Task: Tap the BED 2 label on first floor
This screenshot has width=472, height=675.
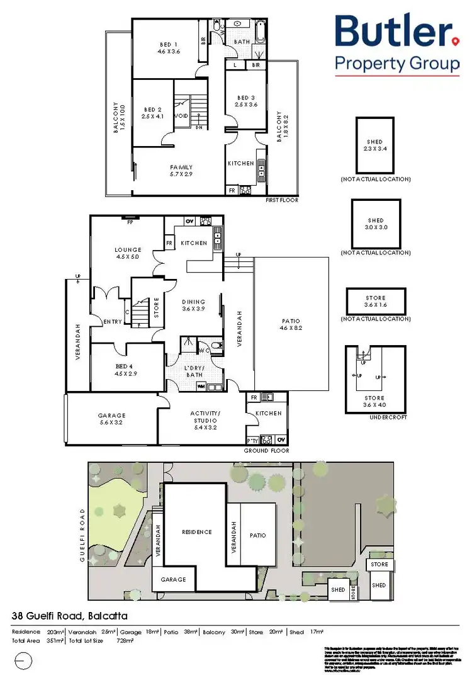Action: [154, 113]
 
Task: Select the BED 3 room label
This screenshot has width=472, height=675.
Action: [247, 101]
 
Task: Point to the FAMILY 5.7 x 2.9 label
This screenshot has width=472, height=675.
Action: [181, 170]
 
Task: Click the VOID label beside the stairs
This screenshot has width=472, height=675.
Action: [181, 116]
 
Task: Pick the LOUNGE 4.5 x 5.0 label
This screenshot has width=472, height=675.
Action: [128, 253]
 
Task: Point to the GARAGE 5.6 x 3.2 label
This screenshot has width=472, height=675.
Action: [111, 419]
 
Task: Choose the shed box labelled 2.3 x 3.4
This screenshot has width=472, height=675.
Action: [374, 145]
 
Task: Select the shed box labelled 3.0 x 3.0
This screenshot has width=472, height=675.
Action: [375, 224]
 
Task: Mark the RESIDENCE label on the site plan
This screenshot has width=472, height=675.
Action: [197, 532]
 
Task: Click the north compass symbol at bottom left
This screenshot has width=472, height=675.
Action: [23, 661]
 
